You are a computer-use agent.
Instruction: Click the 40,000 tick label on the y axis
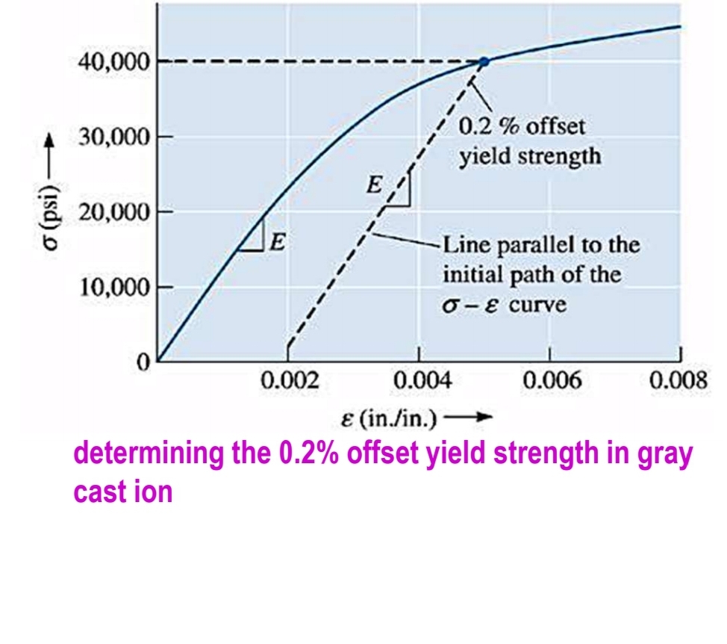pos(113,62)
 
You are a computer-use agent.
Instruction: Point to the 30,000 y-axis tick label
pos(113,137)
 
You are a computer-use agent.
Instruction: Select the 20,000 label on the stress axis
pos(113,212)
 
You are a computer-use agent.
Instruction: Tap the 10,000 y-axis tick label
pos(113,288)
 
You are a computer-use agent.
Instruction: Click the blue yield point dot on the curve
pos(483,62)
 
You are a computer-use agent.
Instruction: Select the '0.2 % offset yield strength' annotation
pos(528,141)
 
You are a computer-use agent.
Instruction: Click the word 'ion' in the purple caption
pos(155,493)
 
